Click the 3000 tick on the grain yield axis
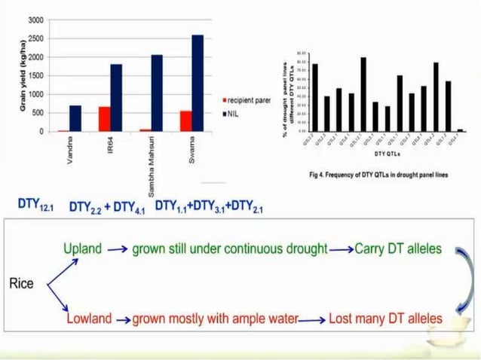point(36,20)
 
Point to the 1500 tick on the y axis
point(36,75)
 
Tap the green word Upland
point(82,249)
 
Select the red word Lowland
point(88,319)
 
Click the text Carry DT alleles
point(398,249)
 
